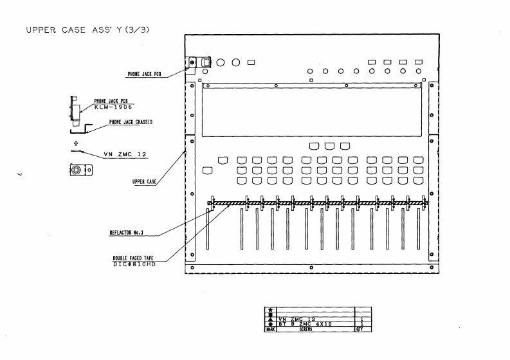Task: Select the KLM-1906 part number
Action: (x=113, y=107)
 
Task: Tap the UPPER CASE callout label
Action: (x=144, y=182)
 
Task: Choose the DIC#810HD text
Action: (x=134, y=263)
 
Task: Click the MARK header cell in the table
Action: (x=270, y=328)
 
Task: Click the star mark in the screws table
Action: (x=270, y=310)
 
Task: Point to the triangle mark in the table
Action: (x=270, y=319)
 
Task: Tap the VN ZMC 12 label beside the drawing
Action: (x=126, y=154)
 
